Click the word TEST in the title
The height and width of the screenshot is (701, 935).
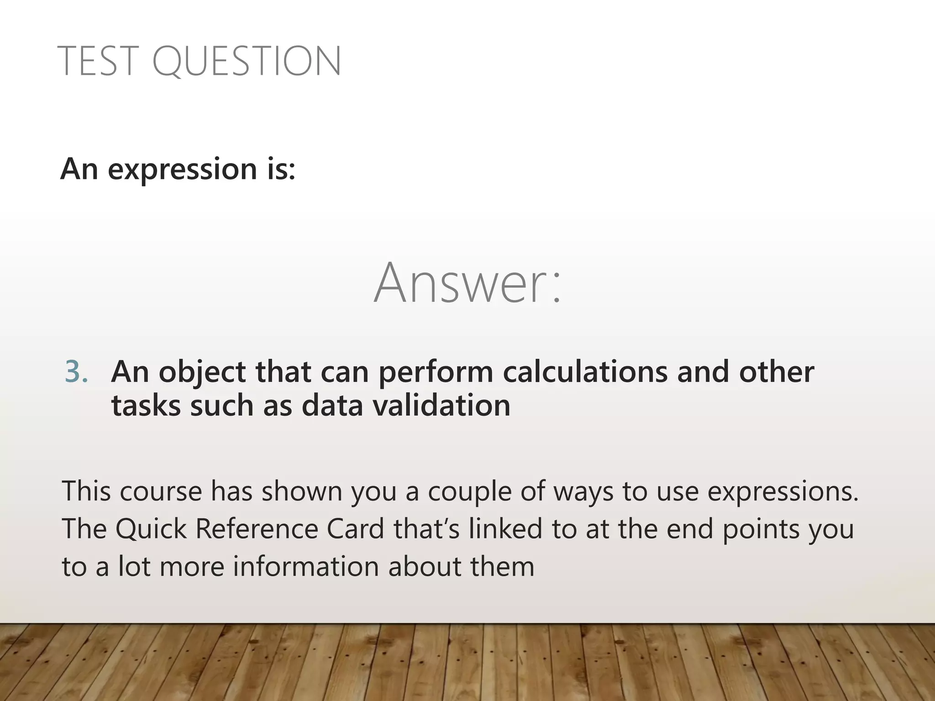coord(98,61)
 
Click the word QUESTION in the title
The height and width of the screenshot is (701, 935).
coord(247,62)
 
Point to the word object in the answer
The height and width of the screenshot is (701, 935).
coord(203,372)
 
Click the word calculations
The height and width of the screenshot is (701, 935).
coord(585,371)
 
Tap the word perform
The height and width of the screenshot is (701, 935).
coord(436,372)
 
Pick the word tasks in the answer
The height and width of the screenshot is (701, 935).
coord(146,405)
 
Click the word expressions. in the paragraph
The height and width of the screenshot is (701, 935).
coord(783,492)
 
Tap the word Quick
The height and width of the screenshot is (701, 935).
coord(151,529)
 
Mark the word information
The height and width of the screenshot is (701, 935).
coord(306,566)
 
